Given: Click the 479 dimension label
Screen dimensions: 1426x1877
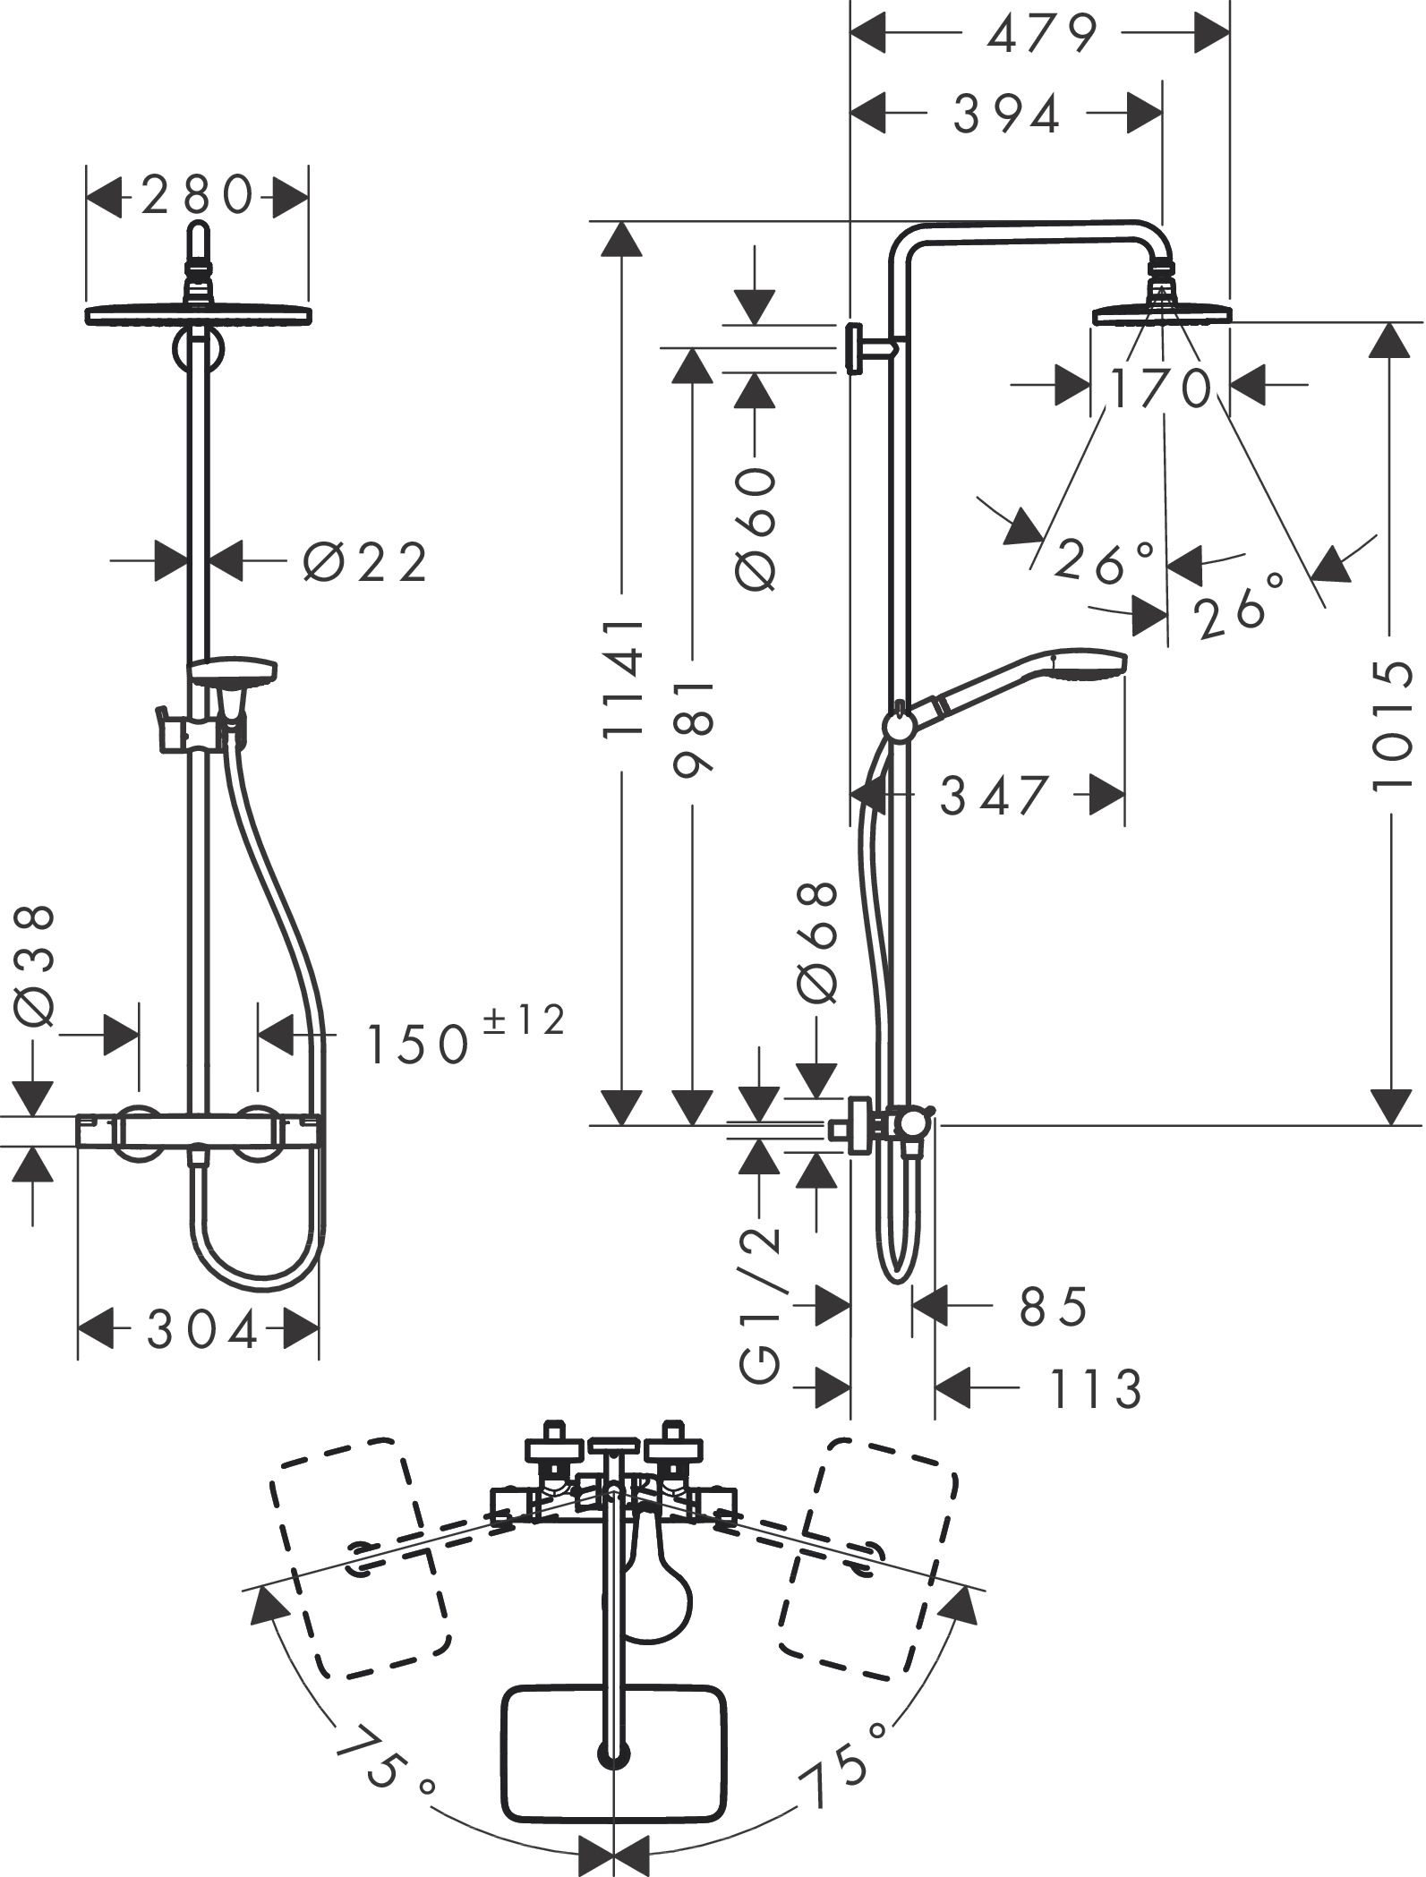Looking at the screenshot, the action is pos(1041,35).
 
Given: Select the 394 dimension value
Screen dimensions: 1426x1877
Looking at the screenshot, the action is pos(1007,114).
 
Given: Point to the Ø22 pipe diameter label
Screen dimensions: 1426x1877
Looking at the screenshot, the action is pos(365,563).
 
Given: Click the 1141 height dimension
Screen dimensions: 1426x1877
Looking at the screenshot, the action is pos(622,678).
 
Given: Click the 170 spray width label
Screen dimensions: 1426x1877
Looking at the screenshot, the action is pos(1160,388).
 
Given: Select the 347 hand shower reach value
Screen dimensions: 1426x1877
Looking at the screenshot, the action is pos(994,795).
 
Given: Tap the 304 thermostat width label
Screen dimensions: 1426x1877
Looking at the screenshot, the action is pos(202,1331).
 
